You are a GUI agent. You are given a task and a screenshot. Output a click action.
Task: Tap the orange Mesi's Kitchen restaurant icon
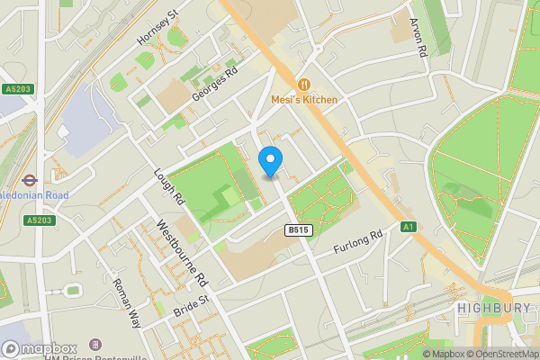[x=303, y=85]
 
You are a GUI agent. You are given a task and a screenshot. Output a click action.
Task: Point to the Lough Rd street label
[x=168, y=187]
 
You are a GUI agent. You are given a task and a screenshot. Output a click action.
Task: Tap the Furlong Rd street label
[x=358, y=241]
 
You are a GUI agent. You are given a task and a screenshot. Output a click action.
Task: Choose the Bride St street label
[x=190, y=304]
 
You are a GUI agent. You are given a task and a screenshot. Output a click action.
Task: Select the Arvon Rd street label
[x=417, y=37]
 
